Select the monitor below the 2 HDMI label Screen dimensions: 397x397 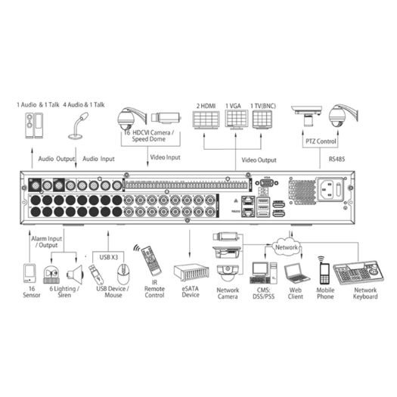click(x=206, y=122)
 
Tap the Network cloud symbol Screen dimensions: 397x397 click(x=286, y=247)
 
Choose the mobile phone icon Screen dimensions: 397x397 click(x=324, y=270)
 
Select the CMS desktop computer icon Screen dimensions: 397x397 click(x=262, y=271)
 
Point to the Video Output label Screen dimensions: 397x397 click(x=259, y=160)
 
